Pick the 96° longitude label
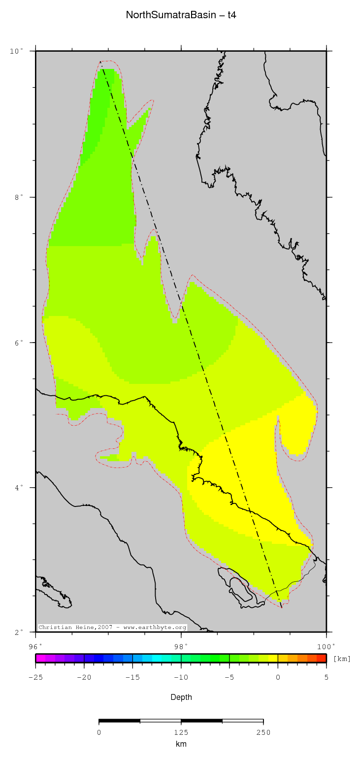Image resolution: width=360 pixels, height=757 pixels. (x=36, y=646)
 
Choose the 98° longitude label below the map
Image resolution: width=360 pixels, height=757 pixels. (x=181, y=646)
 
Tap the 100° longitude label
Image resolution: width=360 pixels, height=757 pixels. (x=326, y=646)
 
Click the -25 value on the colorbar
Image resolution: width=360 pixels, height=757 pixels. (x=35, y=677)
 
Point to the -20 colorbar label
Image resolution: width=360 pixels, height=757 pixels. (x=84, y=677)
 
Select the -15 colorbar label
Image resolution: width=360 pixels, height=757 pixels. (x=132, y=677)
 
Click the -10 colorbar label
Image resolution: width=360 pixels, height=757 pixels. (x=181, y=677)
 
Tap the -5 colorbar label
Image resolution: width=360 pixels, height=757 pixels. (x=229, y=677)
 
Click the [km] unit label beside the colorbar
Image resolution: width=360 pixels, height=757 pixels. (x=342, y=659)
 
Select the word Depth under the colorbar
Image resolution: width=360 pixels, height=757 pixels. (x=181, y=697)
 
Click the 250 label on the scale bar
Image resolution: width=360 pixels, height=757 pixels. (x=263, y=732)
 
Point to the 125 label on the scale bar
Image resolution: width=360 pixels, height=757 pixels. (x=181, y=732)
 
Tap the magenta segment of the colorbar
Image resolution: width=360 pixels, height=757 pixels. (x=40, y=658)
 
